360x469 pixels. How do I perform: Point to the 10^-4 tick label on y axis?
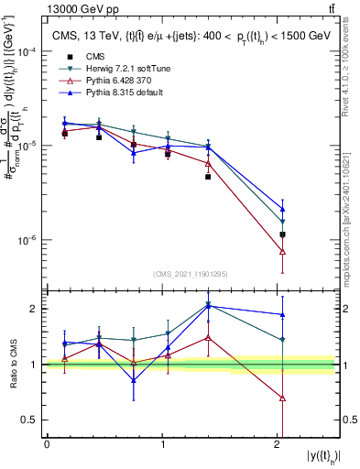(x=29, y=51)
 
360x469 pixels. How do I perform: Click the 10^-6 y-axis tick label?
(x=29, y=240)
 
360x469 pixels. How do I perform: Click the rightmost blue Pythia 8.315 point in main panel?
(x=282, y=209)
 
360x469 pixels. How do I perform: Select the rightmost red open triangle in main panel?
(x=282, y=251)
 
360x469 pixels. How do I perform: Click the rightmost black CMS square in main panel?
(x=282, y=234)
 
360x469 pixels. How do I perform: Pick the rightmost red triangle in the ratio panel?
(x=282, y=398)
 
